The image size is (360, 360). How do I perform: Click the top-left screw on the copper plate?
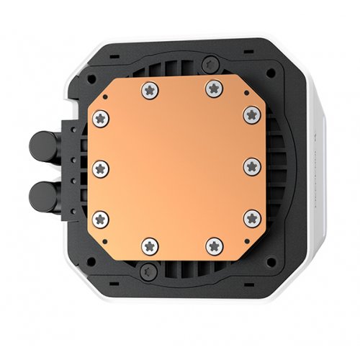(x=149, y=89)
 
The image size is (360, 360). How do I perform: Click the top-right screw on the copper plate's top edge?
(x=213, y=89)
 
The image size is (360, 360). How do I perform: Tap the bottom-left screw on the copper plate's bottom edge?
(x=149, y=246)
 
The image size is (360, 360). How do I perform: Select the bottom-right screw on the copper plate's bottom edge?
(x=213, y=246)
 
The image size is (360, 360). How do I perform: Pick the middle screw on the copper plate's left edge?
(x=101, y=167)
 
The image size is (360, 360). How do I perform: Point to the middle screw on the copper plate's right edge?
(x=251, y=167)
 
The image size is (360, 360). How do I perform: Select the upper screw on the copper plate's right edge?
(x=251, y=114)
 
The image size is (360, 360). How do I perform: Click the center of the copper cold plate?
(x=177, y=167)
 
